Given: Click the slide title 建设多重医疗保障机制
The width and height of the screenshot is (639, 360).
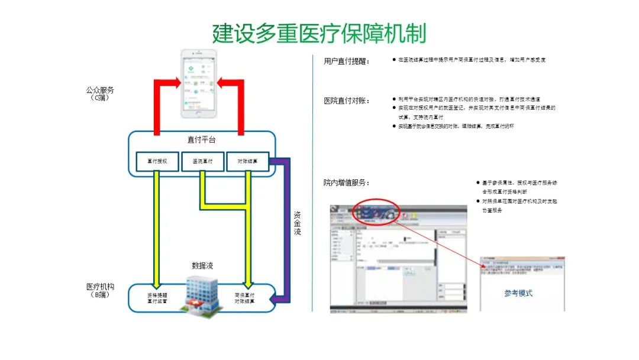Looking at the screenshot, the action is click(319, 33).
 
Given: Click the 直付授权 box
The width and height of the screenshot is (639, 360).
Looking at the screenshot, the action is click(157, 162).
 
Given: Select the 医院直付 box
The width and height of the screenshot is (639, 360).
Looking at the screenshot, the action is click(202, 162).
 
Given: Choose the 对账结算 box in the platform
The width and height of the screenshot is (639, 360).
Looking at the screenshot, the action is click(247, 162).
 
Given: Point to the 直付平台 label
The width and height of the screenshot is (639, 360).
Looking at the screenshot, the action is click(201, 140).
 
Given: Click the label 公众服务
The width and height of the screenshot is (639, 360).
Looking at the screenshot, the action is click(100, 91).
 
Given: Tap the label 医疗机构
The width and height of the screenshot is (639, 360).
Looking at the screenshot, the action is click(100, 287).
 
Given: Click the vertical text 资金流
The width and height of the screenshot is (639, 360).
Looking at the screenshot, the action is click(298, 223).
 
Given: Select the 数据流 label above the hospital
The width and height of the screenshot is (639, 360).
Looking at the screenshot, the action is click(202, 265).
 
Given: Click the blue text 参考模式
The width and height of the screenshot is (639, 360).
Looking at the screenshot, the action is click(518, 292).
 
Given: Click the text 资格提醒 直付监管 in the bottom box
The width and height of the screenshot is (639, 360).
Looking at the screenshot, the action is click(157, 298).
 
